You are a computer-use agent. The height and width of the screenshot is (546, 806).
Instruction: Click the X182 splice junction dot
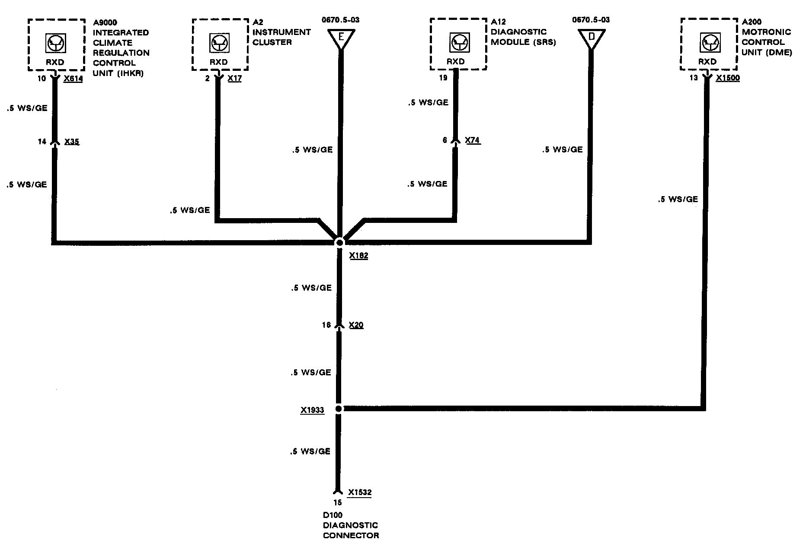click(339, 242)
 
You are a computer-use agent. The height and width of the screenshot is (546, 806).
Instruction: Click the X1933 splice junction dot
click(339, 409)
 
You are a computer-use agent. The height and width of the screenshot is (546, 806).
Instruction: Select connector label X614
click(73, 79)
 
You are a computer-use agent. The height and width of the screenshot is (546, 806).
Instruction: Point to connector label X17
click(234, 79)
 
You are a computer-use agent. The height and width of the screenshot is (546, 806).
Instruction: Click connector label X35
click(72, 142)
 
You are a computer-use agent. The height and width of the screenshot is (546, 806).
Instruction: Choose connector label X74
click(473, 140)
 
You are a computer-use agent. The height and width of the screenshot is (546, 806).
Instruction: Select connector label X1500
click(728, 78)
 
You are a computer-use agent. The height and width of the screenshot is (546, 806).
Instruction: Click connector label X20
click(356, 325)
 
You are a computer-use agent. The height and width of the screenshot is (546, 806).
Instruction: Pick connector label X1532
click(360, 492)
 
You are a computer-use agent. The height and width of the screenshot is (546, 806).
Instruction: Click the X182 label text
click(358, 256)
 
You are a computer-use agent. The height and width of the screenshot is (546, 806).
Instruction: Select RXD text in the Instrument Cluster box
click(219, 62)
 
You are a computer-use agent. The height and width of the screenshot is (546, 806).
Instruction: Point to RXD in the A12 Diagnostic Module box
click(455, 62)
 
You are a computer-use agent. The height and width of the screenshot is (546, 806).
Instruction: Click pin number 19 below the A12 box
click(443, 78)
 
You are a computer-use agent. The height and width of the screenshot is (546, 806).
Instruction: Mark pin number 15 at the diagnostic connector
click(337, 503)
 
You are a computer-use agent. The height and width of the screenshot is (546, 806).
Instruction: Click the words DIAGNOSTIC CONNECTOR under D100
click(351, 530)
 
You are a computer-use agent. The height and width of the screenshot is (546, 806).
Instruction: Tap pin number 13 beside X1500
click(694, 78)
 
